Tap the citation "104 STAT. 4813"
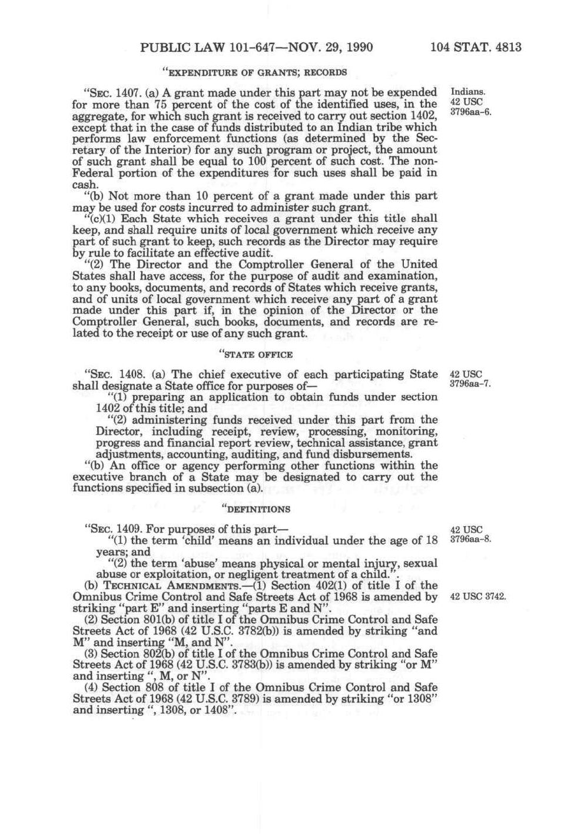coord(476,46)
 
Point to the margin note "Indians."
coord(467,92)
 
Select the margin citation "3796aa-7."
coord(470,384)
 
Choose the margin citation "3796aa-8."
coord(470,539)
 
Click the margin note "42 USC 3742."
coord(477,596)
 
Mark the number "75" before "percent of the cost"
coord(160,104)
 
